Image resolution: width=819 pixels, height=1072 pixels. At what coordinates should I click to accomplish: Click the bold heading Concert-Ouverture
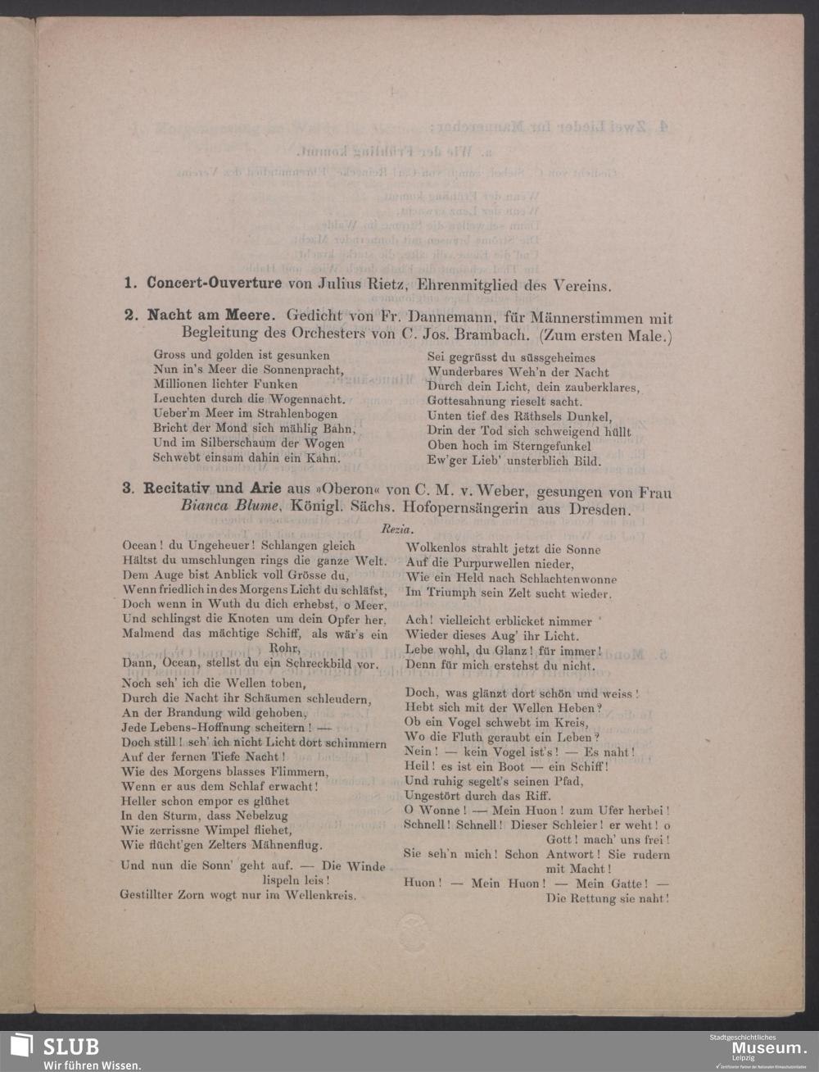click(214, 284)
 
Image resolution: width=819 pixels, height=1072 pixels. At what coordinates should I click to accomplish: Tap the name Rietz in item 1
click(386, 285)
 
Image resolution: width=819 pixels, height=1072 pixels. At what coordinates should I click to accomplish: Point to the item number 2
click(129, 316)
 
